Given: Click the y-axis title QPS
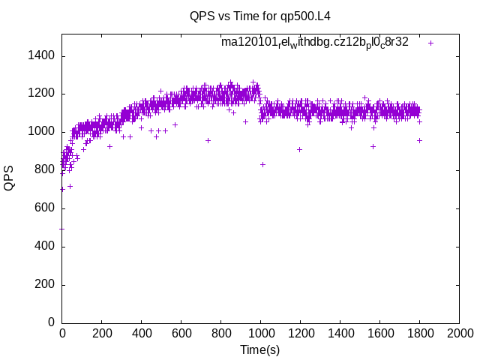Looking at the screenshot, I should [10, 178].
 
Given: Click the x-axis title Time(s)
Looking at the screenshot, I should [260, 349].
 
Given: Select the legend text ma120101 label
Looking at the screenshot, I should [314, 42].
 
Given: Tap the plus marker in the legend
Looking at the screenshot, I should [430, 43].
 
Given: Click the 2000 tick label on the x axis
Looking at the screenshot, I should [459, 333].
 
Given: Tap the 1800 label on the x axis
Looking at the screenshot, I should [419, 333].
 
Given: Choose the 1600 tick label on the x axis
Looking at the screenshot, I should [379, 333].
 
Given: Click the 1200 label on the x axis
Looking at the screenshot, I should [300, 333].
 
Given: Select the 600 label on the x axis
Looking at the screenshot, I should [181, 333].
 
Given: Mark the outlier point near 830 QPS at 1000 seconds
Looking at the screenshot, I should [262, 164].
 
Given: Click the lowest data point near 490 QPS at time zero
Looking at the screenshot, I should [62, 229].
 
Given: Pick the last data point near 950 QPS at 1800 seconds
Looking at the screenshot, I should [419, 140].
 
